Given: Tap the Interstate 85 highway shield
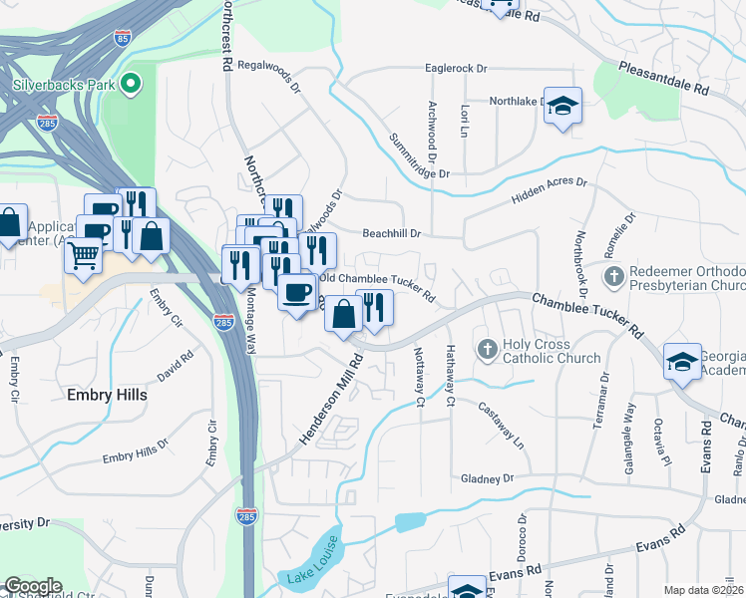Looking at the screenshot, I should [122, 38].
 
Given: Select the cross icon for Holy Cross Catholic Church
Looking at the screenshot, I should [487, 349].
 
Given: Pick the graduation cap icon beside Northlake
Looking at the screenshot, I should [562, 107].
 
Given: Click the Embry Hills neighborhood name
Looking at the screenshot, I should [107, 395].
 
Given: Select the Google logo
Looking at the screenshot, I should [32, 585].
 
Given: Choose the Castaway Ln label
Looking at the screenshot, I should [500, 424].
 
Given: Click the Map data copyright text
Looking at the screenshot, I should [702, 590].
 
